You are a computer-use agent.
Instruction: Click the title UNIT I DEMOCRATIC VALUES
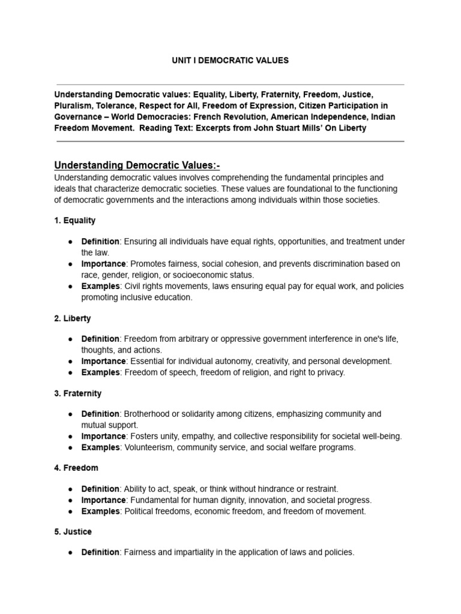(x=230, y=61)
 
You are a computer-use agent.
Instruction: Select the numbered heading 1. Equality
(x=75, y=221)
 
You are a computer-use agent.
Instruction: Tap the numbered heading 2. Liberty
(x=73, y=318)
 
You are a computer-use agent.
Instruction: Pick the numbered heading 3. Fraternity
(x=78, y=393)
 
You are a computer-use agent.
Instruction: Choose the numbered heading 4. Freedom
(x=76, y=468)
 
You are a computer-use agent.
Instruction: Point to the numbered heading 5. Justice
(x=73, y=531)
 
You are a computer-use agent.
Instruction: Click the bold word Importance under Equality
(x=104, y=264)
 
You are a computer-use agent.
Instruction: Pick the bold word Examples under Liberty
(x=101, y=372)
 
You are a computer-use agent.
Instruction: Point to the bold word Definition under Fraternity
(x=101, y=414)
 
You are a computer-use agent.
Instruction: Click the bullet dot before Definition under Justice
(x=70, y=552)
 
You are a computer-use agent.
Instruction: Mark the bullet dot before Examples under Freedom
(x=70, y=511)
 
